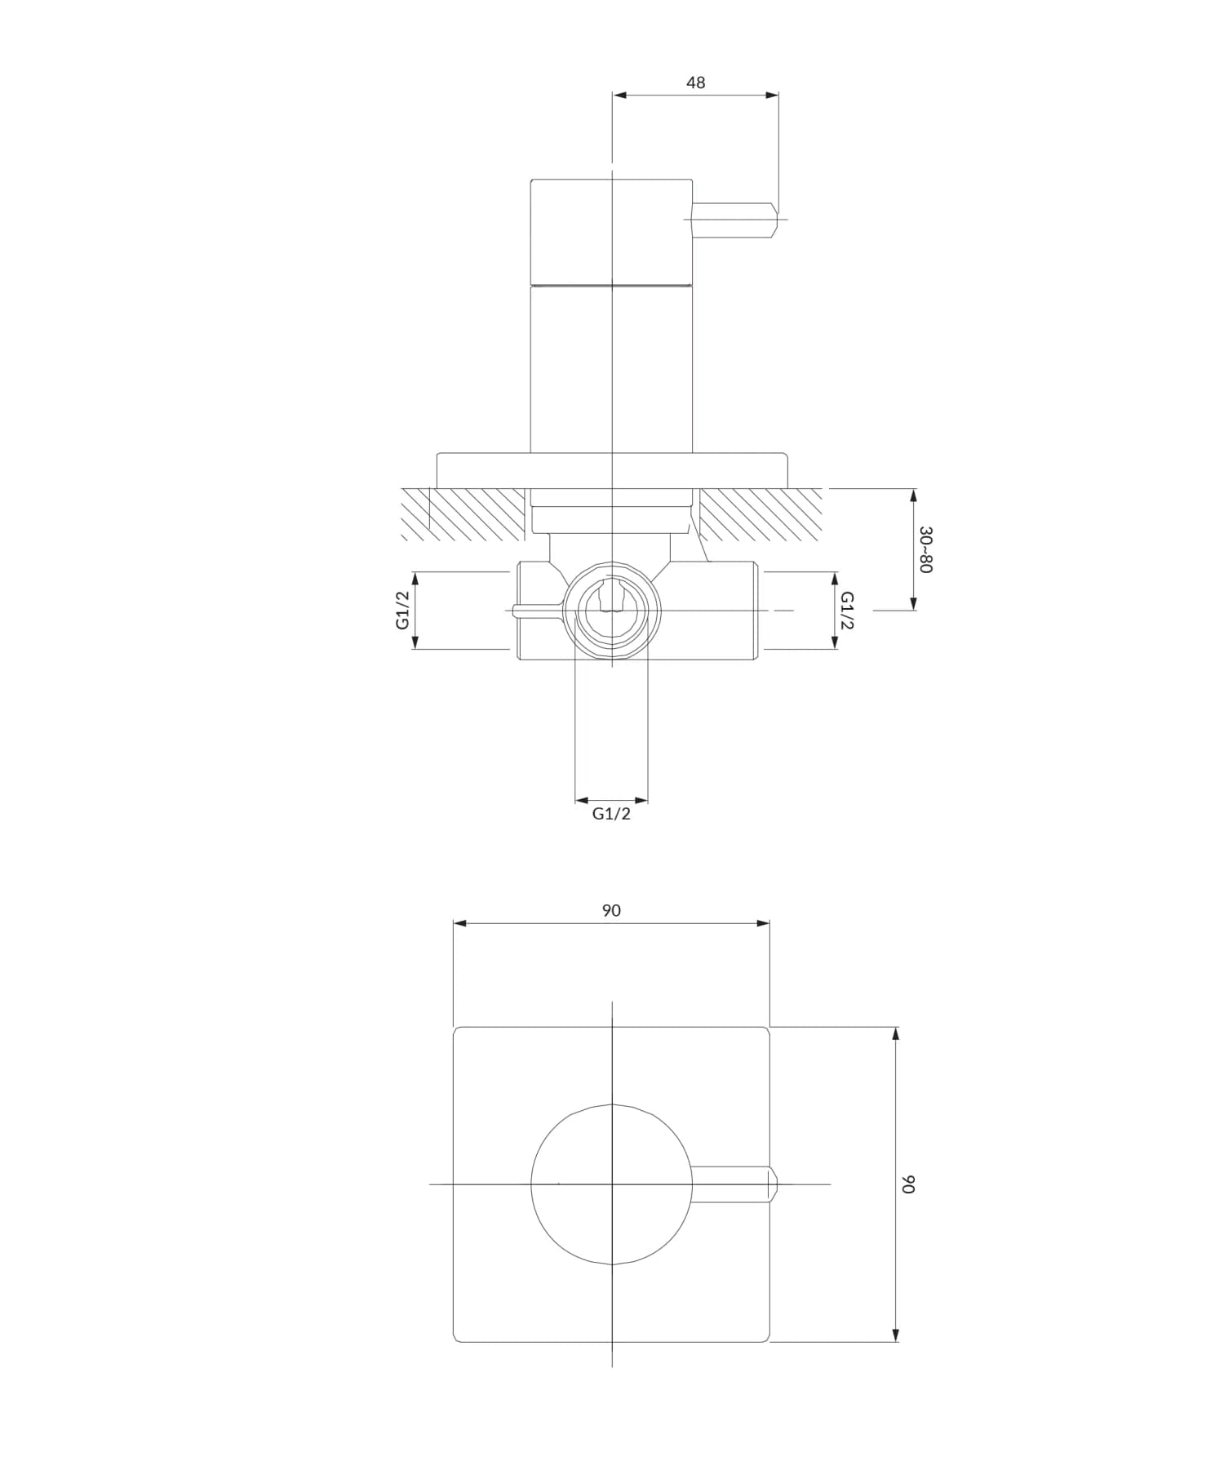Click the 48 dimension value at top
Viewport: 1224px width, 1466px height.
click(695, 82)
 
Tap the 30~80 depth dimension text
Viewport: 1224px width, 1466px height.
click(925, 549)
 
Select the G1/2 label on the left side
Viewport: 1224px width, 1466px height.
click(402, 610)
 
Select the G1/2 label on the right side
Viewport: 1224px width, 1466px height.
click(848, 610)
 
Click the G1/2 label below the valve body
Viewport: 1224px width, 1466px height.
click(611, 814)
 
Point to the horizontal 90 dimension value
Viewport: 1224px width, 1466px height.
click(611, 910)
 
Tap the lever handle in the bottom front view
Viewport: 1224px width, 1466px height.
click(734, 1184)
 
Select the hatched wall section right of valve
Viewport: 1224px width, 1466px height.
click(759, 514)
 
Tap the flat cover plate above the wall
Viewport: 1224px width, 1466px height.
click(612, 470)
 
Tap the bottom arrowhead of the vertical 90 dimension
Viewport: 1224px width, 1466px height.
click(896, 1335)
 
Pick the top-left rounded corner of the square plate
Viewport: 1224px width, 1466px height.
click(457, 1030)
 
